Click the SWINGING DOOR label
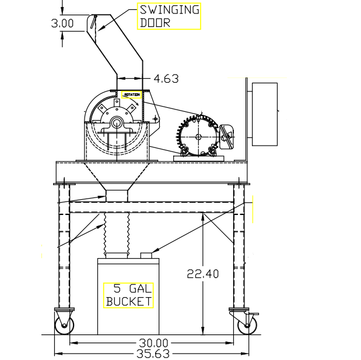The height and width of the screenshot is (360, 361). [169, 16]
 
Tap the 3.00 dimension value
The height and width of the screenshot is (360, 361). [62, 23]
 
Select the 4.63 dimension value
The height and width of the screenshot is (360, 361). [166, 79]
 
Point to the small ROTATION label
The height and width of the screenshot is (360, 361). [132, 95]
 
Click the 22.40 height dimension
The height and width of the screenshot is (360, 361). [202, 274]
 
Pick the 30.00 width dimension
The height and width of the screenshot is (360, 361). [153, 343]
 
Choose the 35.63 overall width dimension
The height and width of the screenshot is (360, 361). [153, 354]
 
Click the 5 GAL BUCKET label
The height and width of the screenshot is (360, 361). [129, 295]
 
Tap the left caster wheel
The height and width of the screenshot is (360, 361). [65, 325]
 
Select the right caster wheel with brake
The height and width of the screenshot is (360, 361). [247, 325]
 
